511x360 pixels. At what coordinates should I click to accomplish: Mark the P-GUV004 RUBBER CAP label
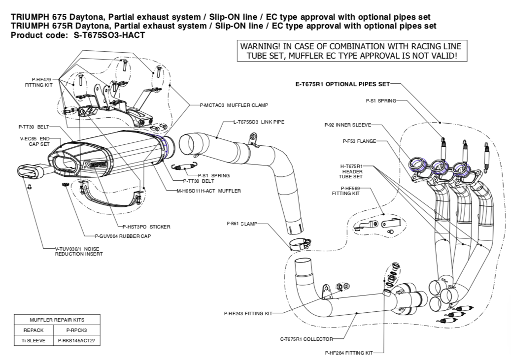tap(119, 236)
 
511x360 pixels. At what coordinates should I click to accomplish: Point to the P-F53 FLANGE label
tap(359, 141)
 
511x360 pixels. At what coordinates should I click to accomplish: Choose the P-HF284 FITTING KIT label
tap(348, 353)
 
